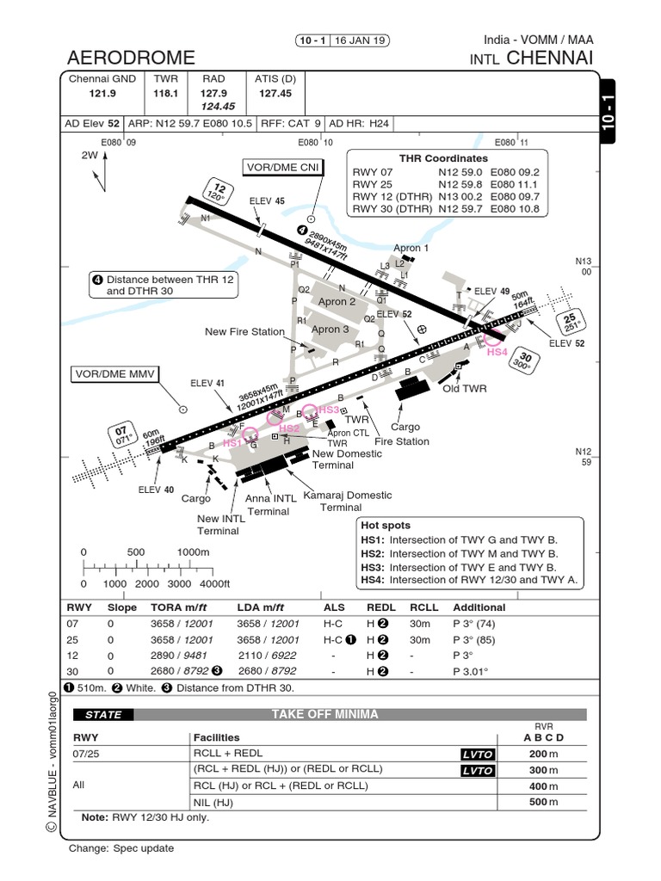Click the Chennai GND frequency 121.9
[x=102, y=93]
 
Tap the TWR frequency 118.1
[x=165, y=93]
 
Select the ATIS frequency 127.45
[x=275, y=93]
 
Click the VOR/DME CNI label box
[x=282, y=167]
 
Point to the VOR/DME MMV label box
[x=114, y=375]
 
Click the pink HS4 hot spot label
[x=497, y=352]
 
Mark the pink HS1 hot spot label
[x=232, y=442]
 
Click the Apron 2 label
[x=337, y=302]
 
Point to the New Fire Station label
[x=244, y=332]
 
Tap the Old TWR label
[x=465, y=388]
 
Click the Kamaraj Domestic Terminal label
[x=343, y=502]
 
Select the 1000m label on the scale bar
[x=194, y=552]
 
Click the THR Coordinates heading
[x=443, y=158]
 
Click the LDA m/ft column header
[x=262, y=607]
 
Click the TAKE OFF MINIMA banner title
[x=324, y=714]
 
